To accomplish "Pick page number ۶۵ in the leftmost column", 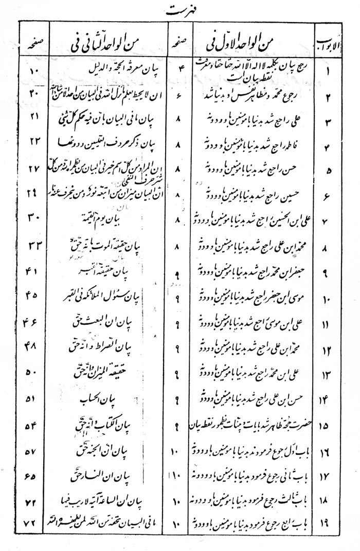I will click(34, 475).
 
